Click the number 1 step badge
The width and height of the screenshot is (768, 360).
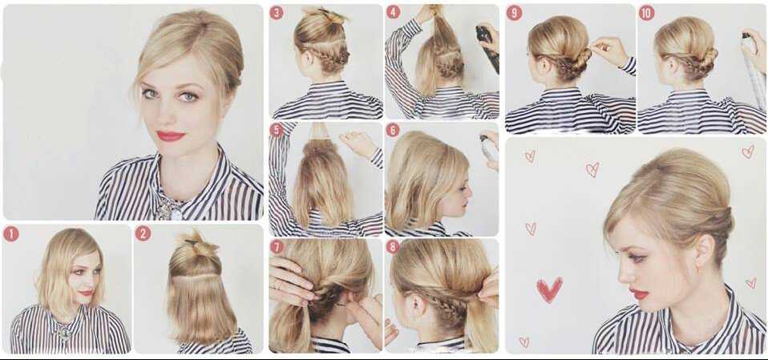click(10, 234)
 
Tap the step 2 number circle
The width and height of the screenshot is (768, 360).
click(143, 233)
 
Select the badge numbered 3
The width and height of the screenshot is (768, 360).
click(277, 12)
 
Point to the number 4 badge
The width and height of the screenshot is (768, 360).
click(394, 12)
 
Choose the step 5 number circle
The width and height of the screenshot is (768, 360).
click(277, 130)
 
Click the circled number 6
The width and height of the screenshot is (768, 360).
click(393, 130)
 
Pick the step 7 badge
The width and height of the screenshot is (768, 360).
click(277, 246)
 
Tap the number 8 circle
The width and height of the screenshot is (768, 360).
click(393, 246)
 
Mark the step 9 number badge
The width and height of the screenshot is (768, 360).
click(514, 13)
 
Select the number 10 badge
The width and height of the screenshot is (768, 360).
click(646, 13)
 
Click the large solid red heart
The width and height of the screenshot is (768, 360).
click(550, 289)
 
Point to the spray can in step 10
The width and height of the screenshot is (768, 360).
click(754, 69)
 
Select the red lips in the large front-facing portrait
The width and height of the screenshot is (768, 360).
click(171, 136)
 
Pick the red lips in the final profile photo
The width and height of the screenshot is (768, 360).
click(639, 293)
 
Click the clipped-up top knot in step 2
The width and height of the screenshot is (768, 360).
click(197, 244)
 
